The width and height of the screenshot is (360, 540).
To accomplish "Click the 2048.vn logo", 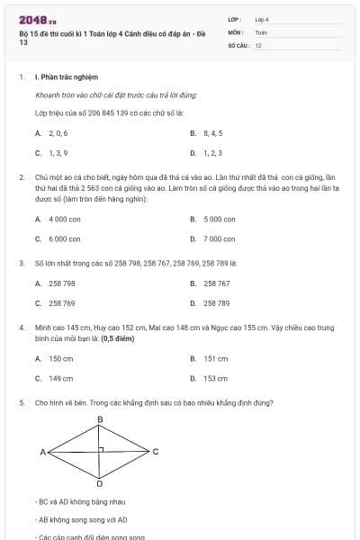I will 38,19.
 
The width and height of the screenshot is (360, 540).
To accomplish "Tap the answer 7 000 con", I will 219,238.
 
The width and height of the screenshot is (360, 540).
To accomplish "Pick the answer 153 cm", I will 215,378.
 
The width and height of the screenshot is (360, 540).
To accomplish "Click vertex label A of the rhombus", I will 42,451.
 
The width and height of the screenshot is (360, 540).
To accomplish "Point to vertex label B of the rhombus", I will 100,420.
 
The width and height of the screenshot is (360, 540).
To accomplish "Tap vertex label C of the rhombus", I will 156,451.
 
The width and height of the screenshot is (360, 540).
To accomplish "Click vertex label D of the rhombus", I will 100,483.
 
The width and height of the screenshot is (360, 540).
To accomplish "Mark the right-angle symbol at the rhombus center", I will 103,448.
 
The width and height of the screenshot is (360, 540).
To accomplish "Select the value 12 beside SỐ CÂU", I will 258,44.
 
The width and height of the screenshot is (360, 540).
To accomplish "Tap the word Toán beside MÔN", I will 261,31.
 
